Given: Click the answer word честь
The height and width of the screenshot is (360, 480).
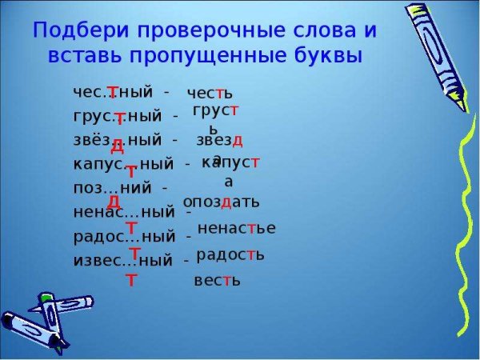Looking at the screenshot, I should coord(210,94).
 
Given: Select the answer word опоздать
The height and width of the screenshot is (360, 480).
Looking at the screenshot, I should coord(221,201).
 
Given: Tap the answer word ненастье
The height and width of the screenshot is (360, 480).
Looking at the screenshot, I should coord(236,228).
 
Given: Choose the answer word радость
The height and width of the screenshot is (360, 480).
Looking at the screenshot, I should coord(230,255).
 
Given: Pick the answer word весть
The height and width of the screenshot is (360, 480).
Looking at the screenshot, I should coord(217,281).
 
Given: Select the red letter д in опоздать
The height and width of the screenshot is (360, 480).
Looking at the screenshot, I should coord(226,201).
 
